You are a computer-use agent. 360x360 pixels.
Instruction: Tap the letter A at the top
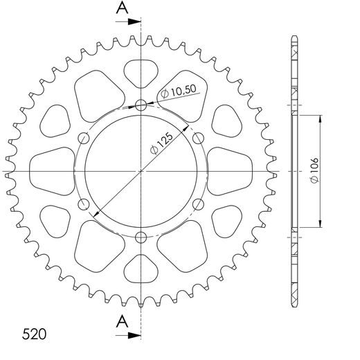[122, 8]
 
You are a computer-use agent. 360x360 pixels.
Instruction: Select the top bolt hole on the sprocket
[141, 105]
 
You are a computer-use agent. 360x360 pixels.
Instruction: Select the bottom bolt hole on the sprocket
[141, 237]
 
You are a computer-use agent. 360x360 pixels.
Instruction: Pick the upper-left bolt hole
[84, 137]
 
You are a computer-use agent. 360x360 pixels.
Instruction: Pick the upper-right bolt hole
[198, 137]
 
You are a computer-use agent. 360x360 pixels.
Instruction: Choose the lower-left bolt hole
[84, 204]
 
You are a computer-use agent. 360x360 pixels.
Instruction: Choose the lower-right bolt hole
[198, 204]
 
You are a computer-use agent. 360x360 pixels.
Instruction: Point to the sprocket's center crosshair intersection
[141, 171]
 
